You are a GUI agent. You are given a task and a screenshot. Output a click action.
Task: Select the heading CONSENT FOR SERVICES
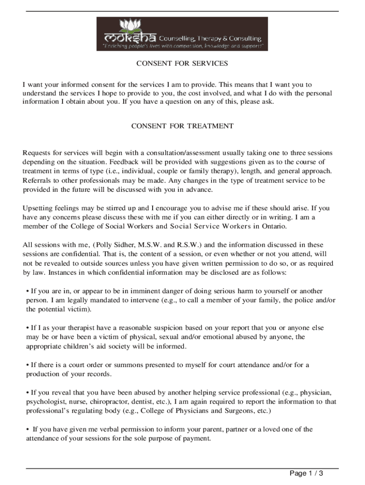click(x=182, y=63)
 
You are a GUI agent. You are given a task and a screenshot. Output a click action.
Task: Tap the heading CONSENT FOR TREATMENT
click(x=182, y=126)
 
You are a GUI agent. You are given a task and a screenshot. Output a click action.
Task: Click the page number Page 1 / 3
click(x=306, y=474)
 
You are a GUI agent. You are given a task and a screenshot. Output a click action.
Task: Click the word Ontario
click(x=274, y=226)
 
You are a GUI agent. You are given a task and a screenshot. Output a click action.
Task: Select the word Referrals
click(x=37, y=180)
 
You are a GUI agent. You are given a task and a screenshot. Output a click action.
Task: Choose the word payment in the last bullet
click(x=196, y=439)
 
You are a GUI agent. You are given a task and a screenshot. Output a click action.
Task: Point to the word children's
click(x=77, y=346)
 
